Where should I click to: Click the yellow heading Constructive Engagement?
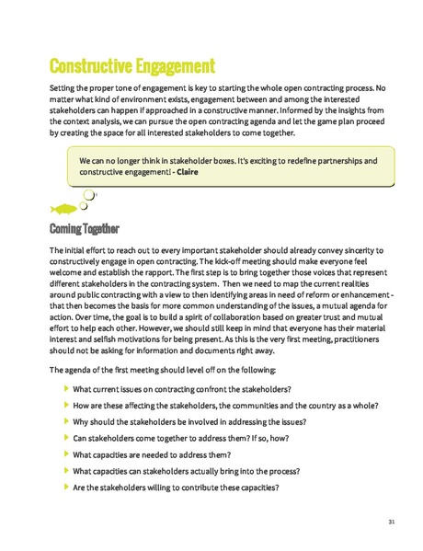point(131,66)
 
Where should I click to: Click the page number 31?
point(392,522)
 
